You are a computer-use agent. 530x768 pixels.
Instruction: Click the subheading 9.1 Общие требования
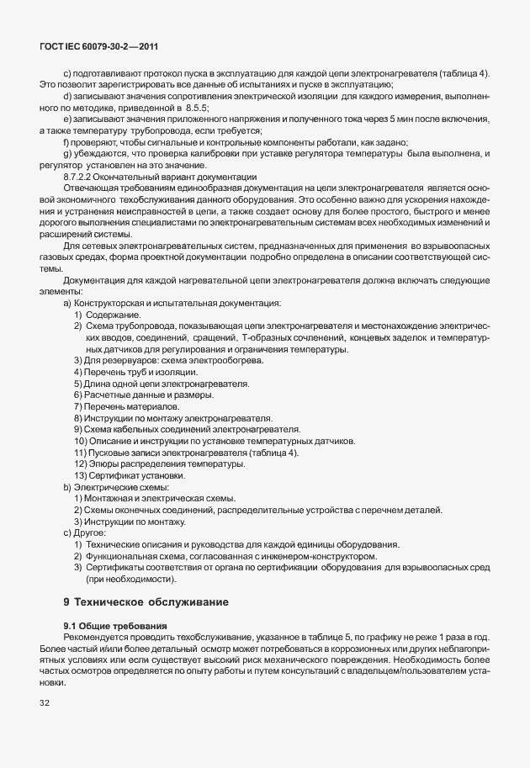pos(115,626)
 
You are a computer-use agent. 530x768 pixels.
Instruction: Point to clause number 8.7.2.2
pos(82,177)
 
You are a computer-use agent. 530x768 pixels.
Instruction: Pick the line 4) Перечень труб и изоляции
pos(135,371)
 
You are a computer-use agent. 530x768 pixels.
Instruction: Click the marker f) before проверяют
pos(66,142)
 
